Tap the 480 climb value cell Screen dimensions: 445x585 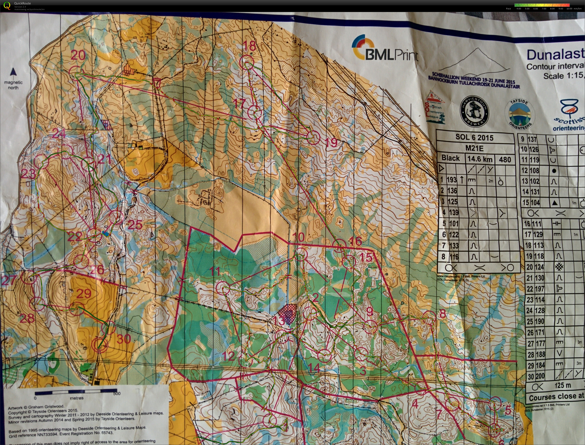pos(505,160)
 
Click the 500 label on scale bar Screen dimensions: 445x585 pos(117,394)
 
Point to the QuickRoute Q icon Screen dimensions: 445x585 pos(6,5)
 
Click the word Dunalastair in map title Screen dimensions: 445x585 pos(555,55)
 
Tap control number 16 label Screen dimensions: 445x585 pos(355,241)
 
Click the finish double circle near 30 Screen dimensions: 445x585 pos(100,346)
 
